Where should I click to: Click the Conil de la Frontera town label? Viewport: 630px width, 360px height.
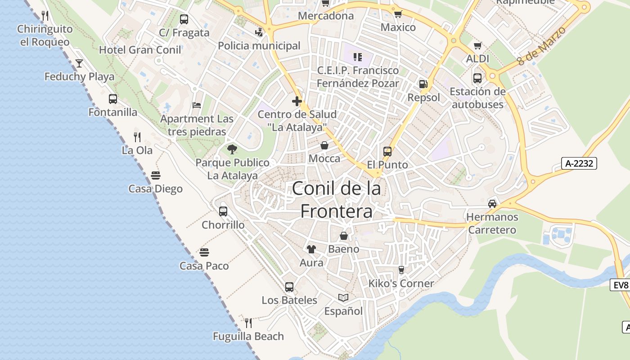(x=337, y=200)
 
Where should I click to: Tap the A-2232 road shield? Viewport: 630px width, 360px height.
(x=579, y=163)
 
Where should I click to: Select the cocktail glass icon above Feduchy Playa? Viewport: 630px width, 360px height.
(x=79, y=63)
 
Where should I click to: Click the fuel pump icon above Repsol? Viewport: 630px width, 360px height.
(x=423, y=84)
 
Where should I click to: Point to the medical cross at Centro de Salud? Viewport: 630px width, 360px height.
(x=297, y=101)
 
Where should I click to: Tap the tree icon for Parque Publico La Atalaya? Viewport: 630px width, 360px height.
(x=232, y=149)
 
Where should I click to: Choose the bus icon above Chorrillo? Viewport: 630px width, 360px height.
(x=223, y=211)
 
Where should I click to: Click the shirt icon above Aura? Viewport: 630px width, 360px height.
(x=311, y=249)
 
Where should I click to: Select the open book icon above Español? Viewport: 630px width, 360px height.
(x=343, y=297)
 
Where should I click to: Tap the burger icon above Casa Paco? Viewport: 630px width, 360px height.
(x=204, y=252)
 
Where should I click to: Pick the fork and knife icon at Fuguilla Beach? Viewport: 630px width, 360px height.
(x=248, y=322)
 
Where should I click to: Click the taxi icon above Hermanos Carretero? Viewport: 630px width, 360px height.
(x=492, y=203)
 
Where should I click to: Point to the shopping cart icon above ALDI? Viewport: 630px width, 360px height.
(x=477, y=45)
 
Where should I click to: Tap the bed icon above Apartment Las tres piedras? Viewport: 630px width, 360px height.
(x=197, y=105)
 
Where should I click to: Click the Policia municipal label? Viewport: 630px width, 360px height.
(x=259, y=45)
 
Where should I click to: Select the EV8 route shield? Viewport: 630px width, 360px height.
(x=621, y=285)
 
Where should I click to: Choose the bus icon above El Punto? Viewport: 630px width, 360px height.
(x=387, y=151)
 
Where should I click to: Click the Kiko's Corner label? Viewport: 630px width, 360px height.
(x=401, y=283)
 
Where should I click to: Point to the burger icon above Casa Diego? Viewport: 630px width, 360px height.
(x=156, y=175)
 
